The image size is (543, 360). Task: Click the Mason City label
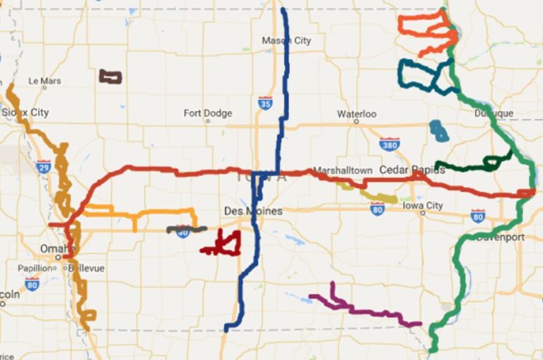point(286,41)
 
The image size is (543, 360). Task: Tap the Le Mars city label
point(45,81)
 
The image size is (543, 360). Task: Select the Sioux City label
point(25,112)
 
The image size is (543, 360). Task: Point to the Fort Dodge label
point(207,113)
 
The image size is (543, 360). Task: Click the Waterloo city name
point(356,114)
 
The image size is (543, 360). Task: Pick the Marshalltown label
point(342,170)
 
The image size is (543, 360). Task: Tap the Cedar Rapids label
point(412,170)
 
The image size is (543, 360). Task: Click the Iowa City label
point(422,206)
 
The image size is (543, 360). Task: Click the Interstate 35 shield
point(265,103)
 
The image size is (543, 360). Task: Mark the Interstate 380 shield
point(389,144)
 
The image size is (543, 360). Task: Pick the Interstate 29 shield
point(44,167)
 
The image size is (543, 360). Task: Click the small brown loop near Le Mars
point(110,76)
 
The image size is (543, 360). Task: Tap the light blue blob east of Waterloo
point(438,130)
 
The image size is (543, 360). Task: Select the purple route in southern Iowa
point(361,308)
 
